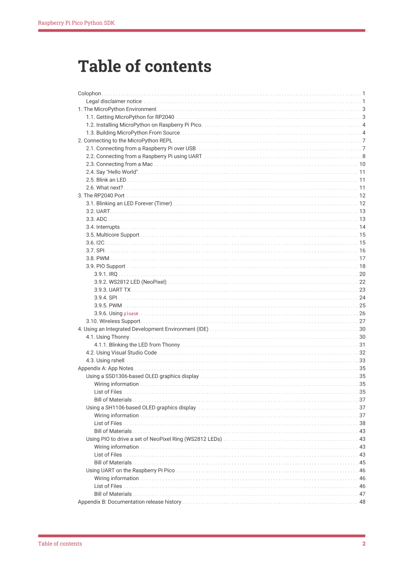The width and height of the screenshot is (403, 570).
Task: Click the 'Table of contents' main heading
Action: click(x=145, y=66)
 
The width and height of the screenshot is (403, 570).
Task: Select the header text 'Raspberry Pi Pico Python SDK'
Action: click(x=76, y=23)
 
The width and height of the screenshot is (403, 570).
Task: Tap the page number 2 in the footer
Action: click(x=364, y=544)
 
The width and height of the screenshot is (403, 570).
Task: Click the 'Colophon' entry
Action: click(x=89, y=93)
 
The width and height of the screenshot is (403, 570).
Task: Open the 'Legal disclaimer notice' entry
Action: click(x=114, y=102)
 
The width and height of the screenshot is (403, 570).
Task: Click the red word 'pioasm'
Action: click(x=131, y=313)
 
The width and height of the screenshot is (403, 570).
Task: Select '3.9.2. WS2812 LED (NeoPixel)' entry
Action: click(x=130, y=282)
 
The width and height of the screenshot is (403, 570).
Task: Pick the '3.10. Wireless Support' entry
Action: click(x=113, y=322)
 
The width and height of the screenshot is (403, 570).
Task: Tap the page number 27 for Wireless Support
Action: click(x=362, y=322)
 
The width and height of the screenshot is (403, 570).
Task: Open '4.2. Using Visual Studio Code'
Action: click(x=122, y=353)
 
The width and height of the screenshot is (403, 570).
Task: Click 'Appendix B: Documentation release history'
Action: click(x=130, y=502)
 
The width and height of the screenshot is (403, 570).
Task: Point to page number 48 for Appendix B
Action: click(x=362, y=502)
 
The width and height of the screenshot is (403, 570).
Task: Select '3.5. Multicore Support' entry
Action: click(x=112, y=235)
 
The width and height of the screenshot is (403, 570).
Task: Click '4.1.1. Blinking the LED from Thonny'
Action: click(x=137, y=345)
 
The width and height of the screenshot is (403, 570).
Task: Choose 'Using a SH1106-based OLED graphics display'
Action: click(x=141, y=408)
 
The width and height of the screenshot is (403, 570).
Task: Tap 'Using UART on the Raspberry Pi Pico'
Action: click(x=130, y=471)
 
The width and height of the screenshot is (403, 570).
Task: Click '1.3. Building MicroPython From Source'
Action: click(x=133, y=133)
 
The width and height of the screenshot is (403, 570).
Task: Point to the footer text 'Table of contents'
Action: click(x=60, y=544)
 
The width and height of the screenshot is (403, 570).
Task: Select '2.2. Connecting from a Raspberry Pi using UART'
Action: click(x=144, y=156)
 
